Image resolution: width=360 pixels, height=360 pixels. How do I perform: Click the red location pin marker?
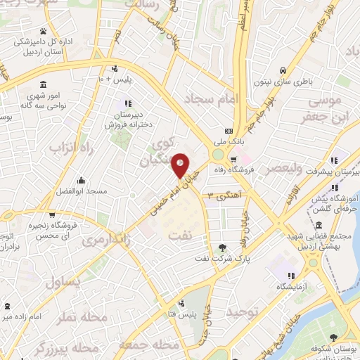pos(181,165)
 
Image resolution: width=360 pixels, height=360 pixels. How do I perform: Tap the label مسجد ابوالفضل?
pos(82,191)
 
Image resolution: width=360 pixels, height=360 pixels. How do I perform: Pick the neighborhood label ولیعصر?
pos(285,169)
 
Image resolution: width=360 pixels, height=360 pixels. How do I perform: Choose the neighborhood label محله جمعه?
pos(146,345)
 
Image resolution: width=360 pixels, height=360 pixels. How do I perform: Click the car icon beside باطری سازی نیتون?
pos(282,71)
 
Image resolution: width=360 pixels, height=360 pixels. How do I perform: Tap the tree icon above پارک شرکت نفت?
pos(223,247)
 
